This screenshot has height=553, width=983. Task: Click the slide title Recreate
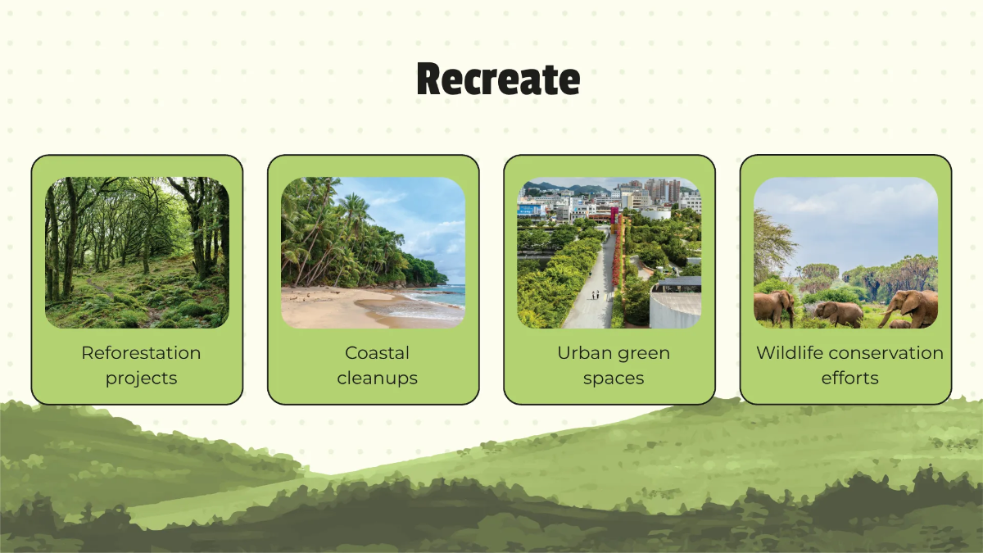point(498,79)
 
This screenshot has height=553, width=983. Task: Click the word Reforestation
point(141,353)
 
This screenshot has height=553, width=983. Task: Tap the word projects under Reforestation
point(141,378)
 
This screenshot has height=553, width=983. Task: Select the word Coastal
point(377,353)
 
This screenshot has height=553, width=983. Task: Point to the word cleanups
point(377,378)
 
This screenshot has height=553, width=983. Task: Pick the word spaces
point(614,378)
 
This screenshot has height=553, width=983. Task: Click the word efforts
point(849,378)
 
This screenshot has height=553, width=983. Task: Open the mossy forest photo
point(137,252)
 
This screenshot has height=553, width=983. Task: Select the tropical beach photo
point(373,252)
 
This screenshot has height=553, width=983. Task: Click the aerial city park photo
point(609,252)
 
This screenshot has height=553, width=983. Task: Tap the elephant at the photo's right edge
point(913,307)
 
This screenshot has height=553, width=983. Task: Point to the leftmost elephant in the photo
point(773,307)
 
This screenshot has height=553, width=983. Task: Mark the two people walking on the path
point(596,294)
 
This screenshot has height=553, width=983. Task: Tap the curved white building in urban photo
point(676,308)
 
